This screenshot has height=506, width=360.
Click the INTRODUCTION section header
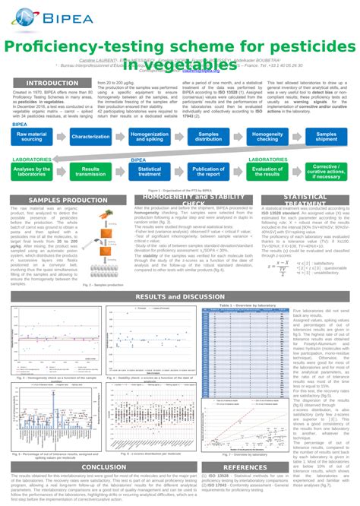[52, 84]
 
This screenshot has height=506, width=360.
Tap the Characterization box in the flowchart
[91, 137]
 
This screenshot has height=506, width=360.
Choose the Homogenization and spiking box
[150, 137]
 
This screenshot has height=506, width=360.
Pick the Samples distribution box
[208, 137]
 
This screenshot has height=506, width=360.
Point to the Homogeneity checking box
[267, 137]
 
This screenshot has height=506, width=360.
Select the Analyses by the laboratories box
[32, 172]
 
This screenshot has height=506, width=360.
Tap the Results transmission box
[91, 172]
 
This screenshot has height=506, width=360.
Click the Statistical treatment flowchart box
[150, 172]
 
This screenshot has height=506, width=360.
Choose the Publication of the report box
[208, 172]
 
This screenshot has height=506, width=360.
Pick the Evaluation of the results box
[267, 172]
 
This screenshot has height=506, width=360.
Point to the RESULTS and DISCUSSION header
[179, 296]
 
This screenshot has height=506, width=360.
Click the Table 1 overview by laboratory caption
[245, 304]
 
